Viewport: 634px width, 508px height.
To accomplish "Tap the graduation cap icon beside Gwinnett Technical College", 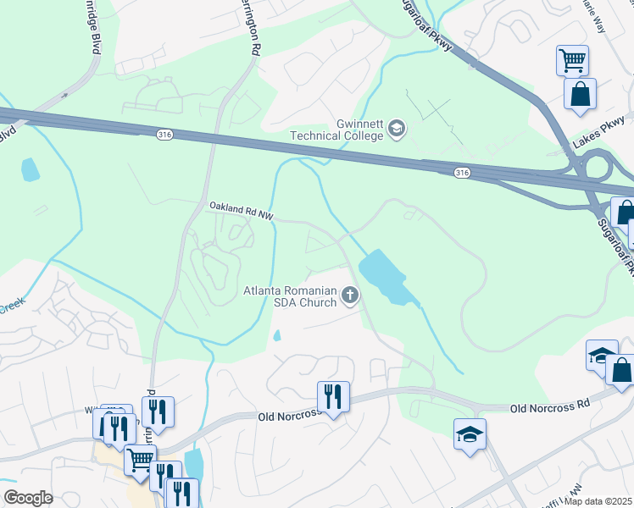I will point(396,129).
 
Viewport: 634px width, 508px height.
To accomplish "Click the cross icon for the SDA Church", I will point(349,295).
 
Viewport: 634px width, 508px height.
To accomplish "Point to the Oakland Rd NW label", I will point(241,210).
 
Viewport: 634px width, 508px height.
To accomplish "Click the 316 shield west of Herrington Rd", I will point(164,134).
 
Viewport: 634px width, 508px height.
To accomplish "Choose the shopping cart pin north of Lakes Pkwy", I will point(572,61).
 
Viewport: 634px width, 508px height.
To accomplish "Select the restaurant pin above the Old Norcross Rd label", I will point(331,396).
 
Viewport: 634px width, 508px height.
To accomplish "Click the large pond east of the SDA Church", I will point(386,275).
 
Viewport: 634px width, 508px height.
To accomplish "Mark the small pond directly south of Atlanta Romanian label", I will point(277,335).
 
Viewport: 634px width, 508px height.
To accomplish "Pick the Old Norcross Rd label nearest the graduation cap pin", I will point(549,407).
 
